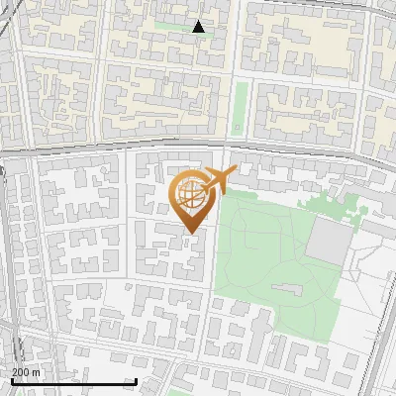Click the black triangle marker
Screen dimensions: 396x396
[198, 27]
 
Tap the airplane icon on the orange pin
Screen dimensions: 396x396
[217, 181]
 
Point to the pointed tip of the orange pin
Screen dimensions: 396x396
[189, 234]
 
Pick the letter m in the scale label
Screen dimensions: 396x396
[38, 371]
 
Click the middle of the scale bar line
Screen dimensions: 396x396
[73, 381]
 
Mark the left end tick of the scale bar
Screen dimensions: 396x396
[11, 381]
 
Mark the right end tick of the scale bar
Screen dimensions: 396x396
[136, 381]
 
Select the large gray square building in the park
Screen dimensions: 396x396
[329, 238]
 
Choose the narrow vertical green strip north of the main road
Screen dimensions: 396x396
[240, 109]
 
